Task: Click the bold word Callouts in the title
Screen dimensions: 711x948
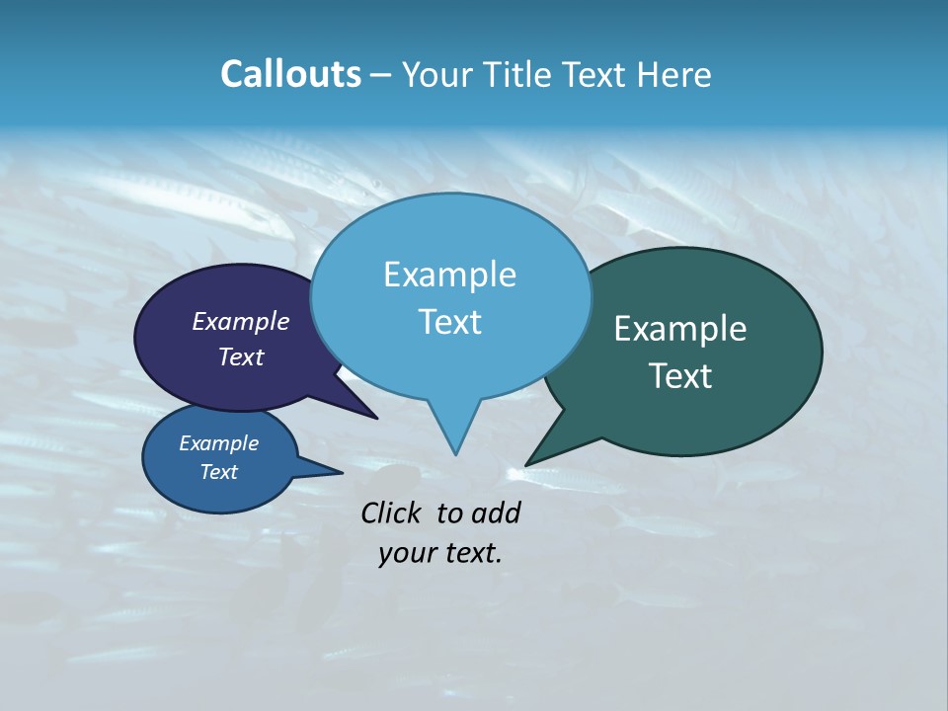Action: (x=290, y=74)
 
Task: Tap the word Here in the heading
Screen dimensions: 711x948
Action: (x=675, y=74)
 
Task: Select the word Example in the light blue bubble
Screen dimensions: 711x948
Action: (x=449, y=275)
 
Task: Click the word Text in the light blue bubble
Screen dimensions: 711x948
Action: (x=449, y=321)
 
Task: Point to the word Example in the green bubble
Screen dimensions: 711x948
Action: (x=680, y=329)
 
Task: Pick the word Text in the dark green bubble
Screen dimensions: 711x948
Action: (x=680, y=375)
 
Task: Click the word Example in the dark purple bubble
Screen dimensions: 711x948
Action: (x=241, y=321)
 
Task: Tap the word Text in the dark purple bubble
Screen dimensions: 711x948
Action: (x=241, y=356)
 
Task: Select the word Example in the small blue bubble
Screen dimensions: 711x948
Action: (x=218, y=443)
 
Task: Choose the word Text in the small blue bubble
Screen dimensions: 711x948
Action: (x=218, y=472)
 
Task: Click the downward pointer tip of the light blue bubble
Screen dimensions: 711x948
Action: (x=455, y=453)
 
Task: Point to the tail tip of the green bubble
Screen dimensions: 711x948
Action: (x=527, y=464)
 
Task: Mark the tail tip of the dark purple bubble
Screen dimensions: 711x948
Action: (x=375, y=418)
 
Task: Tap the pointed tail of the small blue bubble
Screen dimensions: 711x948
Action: (x=341, y=472)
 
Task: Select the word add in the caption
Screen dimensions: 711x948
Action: (x=496, y=513)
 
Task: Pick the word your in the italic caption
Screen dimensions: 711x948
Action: (x=407, y=553)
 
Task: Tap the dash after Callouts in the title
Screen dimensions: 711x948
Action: (x=381, y=74)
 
